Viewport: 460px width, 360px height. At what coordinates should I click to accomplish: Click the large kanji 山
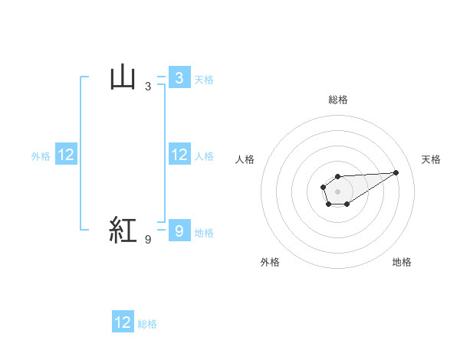point(123,77)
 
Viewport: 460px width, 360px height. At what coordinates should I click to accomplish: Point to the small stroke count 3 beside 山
point(148,87)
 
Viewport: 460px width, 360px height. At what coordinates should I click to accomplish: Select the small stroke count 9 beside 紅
point(148,240)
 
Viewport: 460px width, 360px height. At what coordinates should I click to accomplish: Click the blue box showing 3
point(179,77)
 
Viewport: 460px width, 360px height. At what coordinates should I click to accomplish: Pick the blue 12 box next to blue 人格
point(179,155)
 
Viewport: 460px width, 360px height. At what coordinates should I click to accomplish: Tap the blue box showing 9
point(179,231)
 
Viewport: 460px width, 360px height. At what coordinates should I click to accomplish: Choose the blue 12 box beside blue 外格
point(66,155)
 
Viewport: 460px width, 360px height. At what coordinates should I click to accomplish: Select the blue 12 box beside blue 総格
point(123,322)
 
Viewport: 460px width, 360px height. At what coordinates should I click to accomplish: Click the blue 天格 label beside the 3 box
point(204,79)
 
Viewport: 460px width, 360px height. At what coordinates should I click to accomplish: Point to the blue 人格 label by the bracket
point(204,156)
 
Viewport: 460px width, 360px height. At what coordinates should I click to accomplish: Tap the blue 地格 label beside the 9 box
point(204,233)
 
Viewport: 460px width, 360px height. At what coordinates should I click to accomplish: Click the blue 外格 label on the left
point(41,156)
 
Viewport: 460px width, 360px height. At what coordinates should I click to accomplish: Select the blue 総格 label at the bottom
point(147,324)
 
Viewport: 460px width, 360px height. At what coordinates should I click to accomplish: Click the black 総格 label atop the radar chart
point(337,100)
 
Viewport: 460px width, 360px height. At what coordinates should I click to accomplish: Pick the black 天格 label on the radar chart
point(432,159)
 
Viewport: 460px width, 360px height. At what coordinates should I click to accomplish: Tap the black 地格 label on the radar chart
point(402,262)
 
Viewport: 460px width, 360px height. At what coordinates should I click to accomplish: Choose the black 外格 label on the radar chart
point(270,262)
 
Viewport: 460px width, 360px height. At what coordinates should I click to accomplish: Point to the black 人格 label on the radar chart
point(245,159)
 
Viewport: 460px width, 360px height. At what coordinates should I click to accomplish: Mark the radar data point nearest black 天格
point(396,172)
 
